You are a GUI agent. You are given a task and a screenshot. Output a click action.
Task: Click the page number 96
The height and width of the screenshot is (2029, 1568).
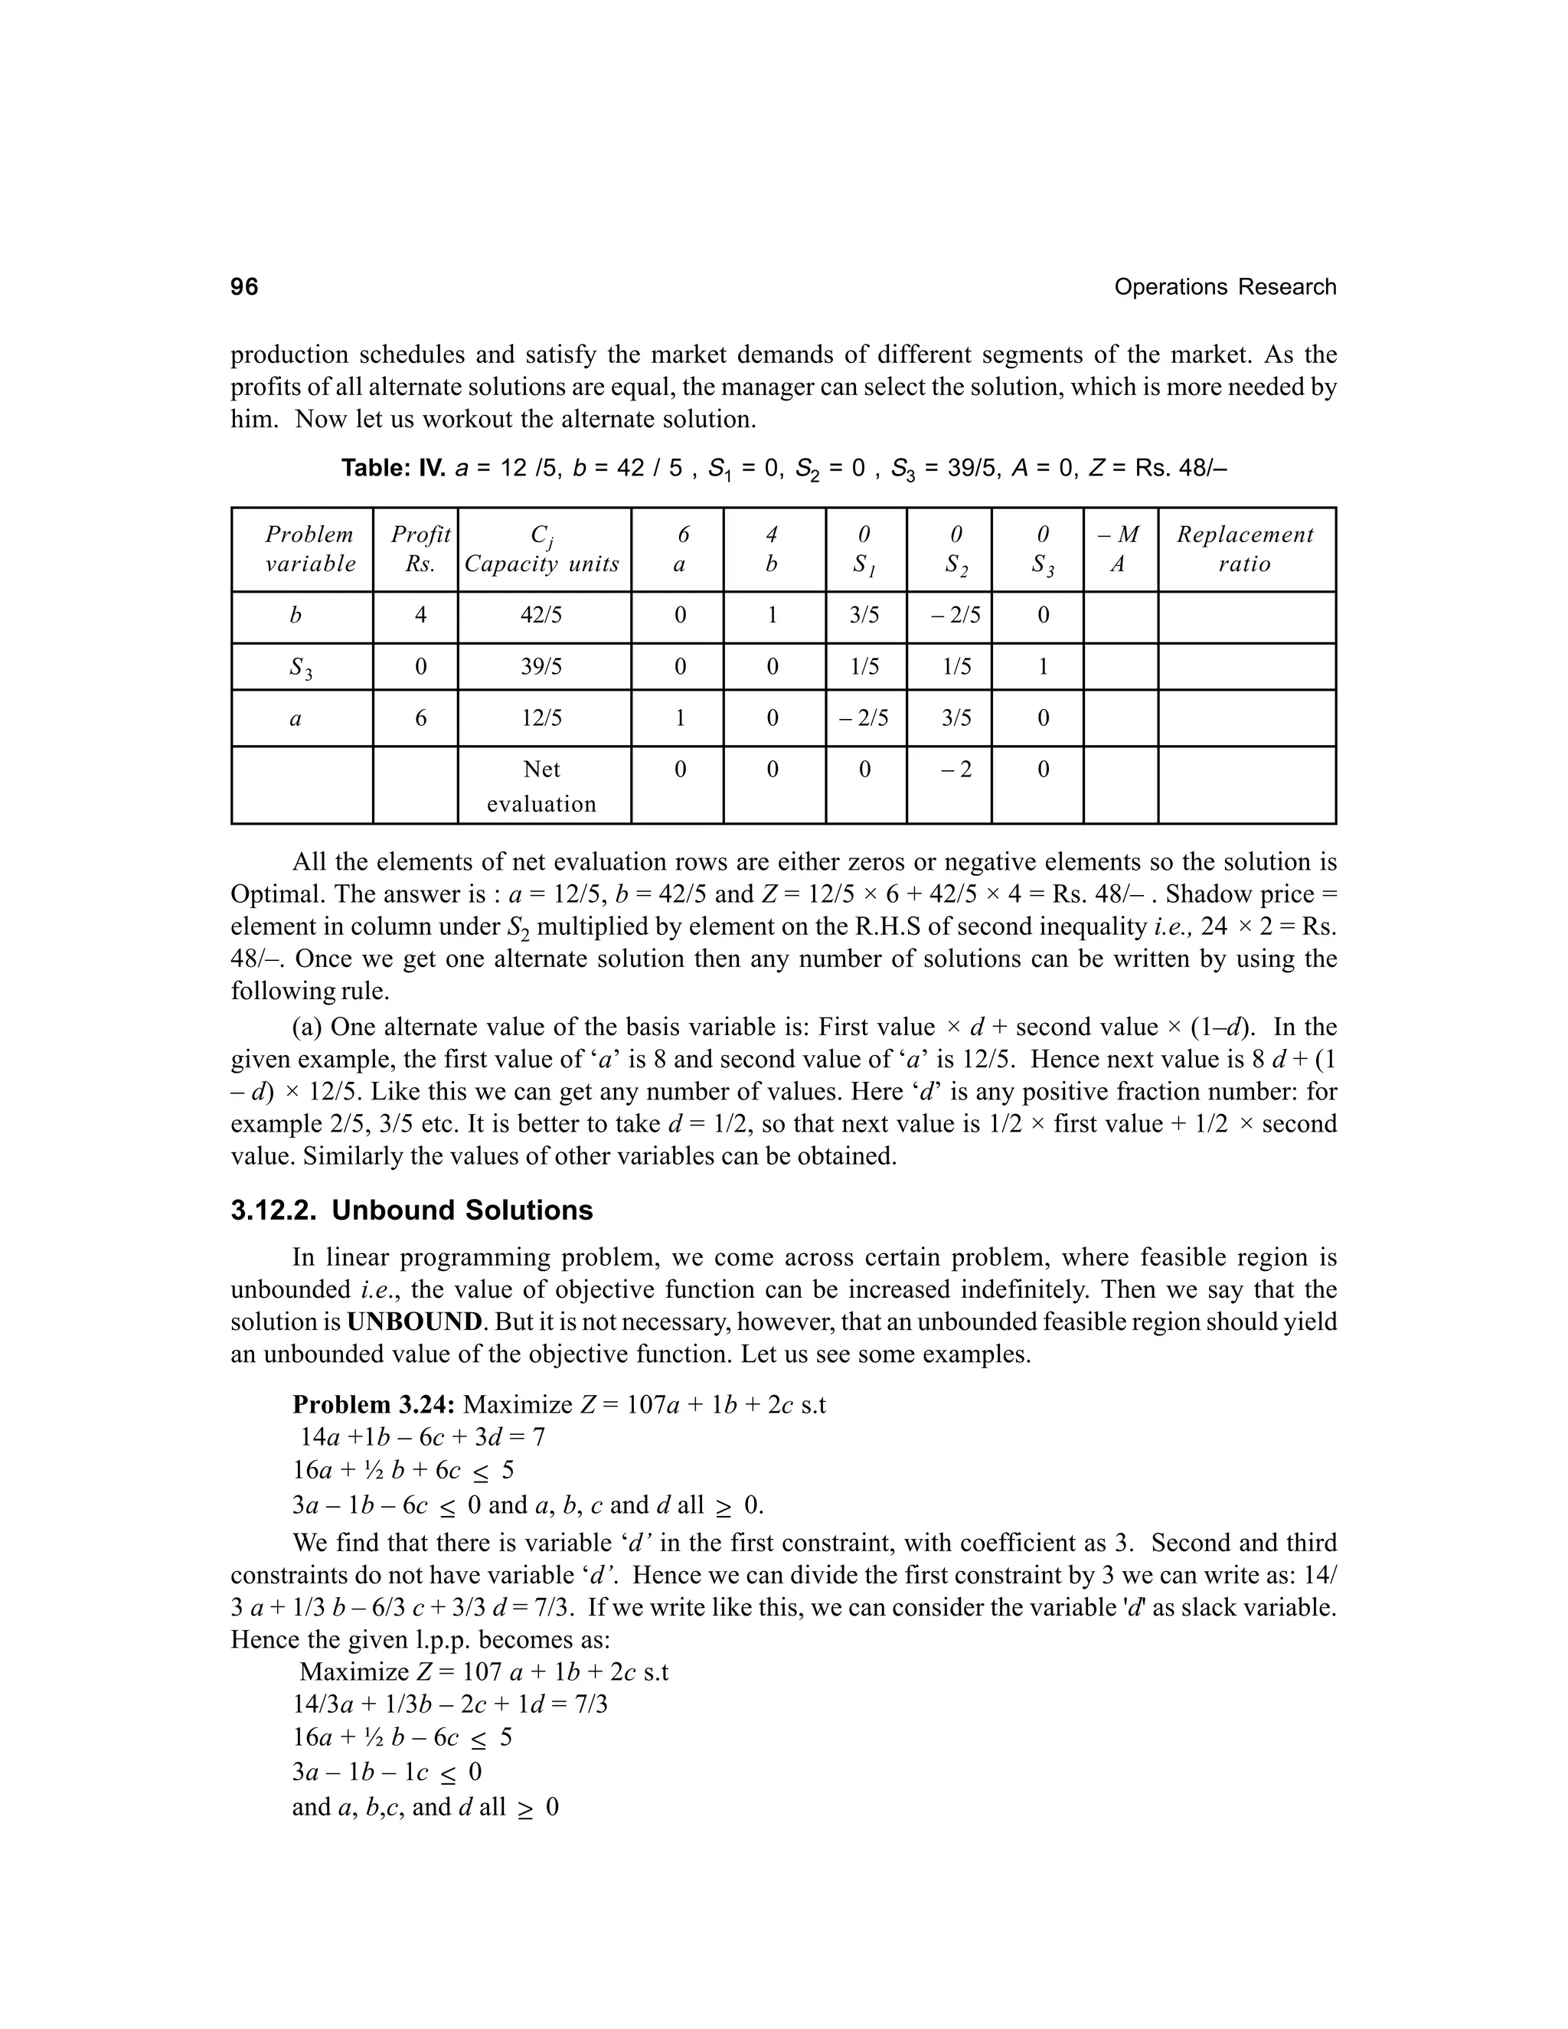244,287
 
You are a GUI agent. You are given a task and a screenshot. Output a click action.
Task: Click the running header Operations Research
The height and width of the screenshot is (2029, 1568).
1224,287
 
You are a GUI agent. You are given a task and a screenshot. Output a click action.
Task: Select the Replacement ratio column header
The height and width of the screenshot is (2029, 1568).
1245,549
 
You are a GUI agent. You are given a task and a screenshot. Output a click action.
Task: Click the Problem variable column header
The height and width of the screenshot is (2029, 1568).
309,549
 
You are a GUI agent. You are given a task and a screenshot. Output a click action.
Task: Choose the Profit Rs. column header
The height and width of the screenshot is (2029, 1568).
420,549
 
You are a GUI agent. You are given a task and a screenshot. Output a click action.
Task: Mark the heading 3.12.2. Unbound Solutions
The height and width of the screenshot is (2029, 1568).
410,1211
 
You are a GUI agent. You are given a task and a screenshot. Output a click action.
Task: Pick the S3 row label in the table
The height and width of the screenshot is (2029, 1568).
299,667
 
